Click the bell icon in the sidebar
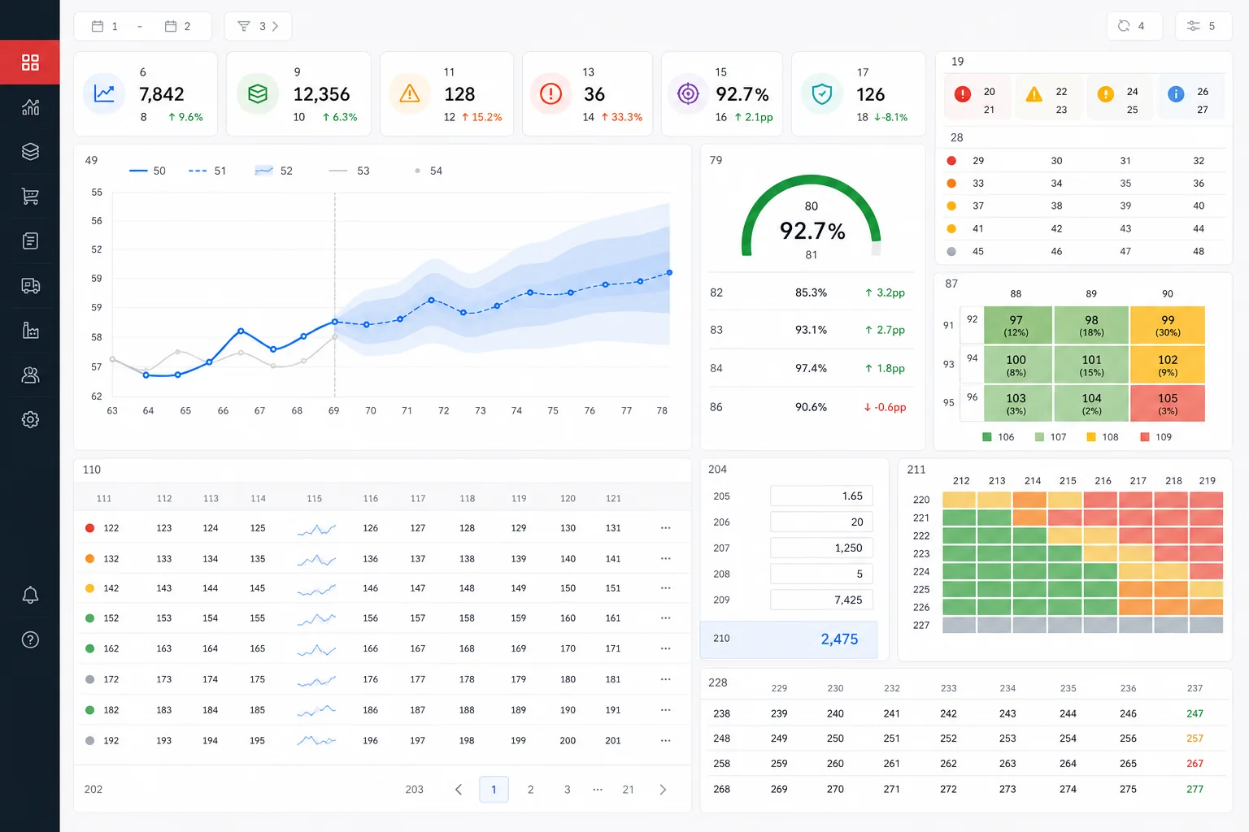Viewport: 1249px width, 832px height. [30, 595]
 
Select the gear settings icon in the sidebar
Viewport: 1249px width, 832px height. [30, 419]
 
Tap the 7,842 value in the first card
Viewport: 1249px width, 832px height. [161, 94]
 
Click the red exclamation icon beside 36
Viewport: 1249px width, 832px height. [551, 93]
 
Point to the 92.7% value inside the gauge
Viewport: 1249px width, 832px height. [812, 231]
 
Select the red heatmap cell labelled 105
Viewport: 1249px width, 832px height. [1167, 404]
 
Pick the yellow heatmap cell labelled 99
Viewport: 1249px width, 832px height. [1167, 325]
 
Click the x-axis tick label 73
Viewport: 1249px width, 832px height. [480, 410]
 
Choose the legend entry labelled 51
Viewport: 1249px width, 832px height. [207, 171]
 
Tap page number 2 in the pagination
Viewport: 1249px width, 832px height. [530, 789]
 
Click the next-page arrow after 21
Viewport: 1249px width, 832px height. [663, 789]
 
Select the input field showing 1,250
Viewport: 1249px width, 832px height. [821, 548]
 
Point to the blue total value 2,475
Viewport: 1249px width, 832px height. [839, 639]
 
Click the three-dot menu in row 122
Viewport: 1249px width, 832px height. [665, 528]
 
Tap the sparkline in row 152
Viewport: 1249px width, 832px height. [316, 618]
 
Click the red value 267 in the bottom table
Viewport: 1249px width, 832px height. [1195, 764]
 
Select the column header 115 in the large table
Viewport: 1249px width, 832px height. [314, 498]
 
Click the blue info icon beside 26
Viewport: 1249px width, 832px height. [1175, 94]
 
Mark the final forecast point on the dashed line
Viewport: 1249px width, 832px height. [669, 272]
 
